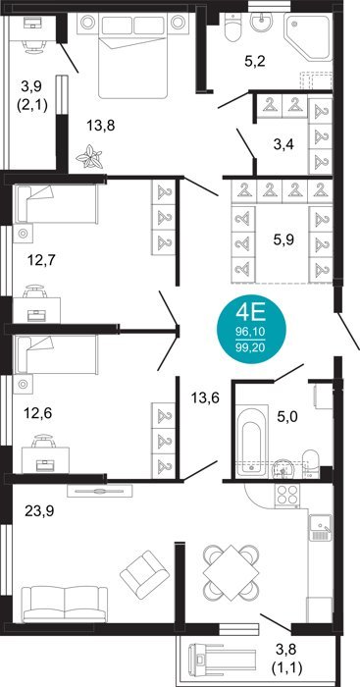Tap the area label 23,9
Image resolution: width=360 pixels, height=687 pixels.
tap(39, 511)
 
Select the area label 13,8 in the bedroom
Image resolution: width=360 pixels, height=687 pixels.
tap(100, 126)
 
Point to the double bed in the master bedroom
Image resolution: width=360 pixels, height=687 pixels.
tap(133, 55)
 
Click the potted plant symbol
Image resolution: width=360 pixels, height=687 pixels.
tap(89, 157)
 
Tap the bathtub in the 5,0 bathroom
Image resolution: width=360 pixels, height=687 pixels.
tap(252, 442)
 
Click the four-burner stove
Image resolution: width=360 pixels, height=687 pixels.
tap(287, 496)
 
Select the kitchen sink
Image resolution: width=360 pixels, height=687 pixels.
tap(321, 528)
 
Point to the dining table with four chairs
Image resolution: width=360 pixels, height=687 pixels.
tap(230, 573)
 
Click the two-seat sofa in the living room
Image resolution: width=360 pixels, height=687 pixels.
tap(65, 605)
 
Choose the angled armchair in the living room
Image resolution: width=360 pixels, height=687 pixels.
tap(144, 574)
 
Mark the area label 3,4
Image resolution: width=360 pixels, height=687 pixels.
tap(283, 145)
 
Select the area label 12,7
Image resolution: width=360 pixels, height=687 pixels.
tap(41, 260)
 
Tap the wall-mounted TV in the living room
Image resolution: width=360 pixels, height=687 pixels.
tap(100, 491)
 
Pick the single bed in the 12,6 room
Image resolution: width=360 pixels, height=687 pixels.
tap(56, 354)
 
